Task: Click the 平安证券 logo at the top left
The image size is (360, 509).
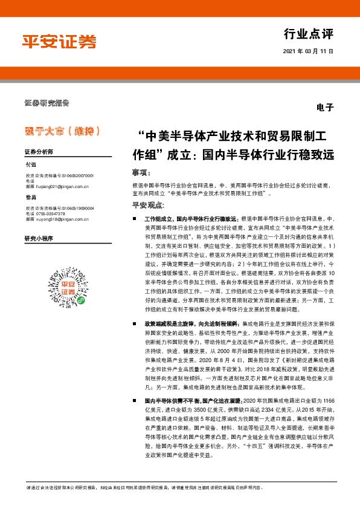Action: click(59, 41)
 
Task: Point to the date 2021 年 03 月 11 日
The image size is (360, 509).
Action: click(308, 52)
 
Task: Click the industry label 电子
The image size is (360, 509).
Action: click(324, 107)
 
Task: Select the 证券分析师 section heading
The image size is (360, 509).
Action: click(40, 151)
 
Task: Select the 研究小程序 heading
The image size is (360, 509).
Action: click(39, 239)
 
